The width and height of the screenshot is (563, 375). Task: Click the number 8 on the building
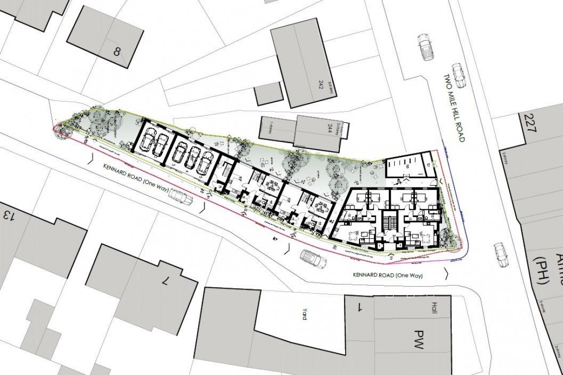[x=117, y=51]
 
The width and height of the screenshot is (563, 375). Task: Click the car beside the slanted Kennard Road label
[x=181, y=197]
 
